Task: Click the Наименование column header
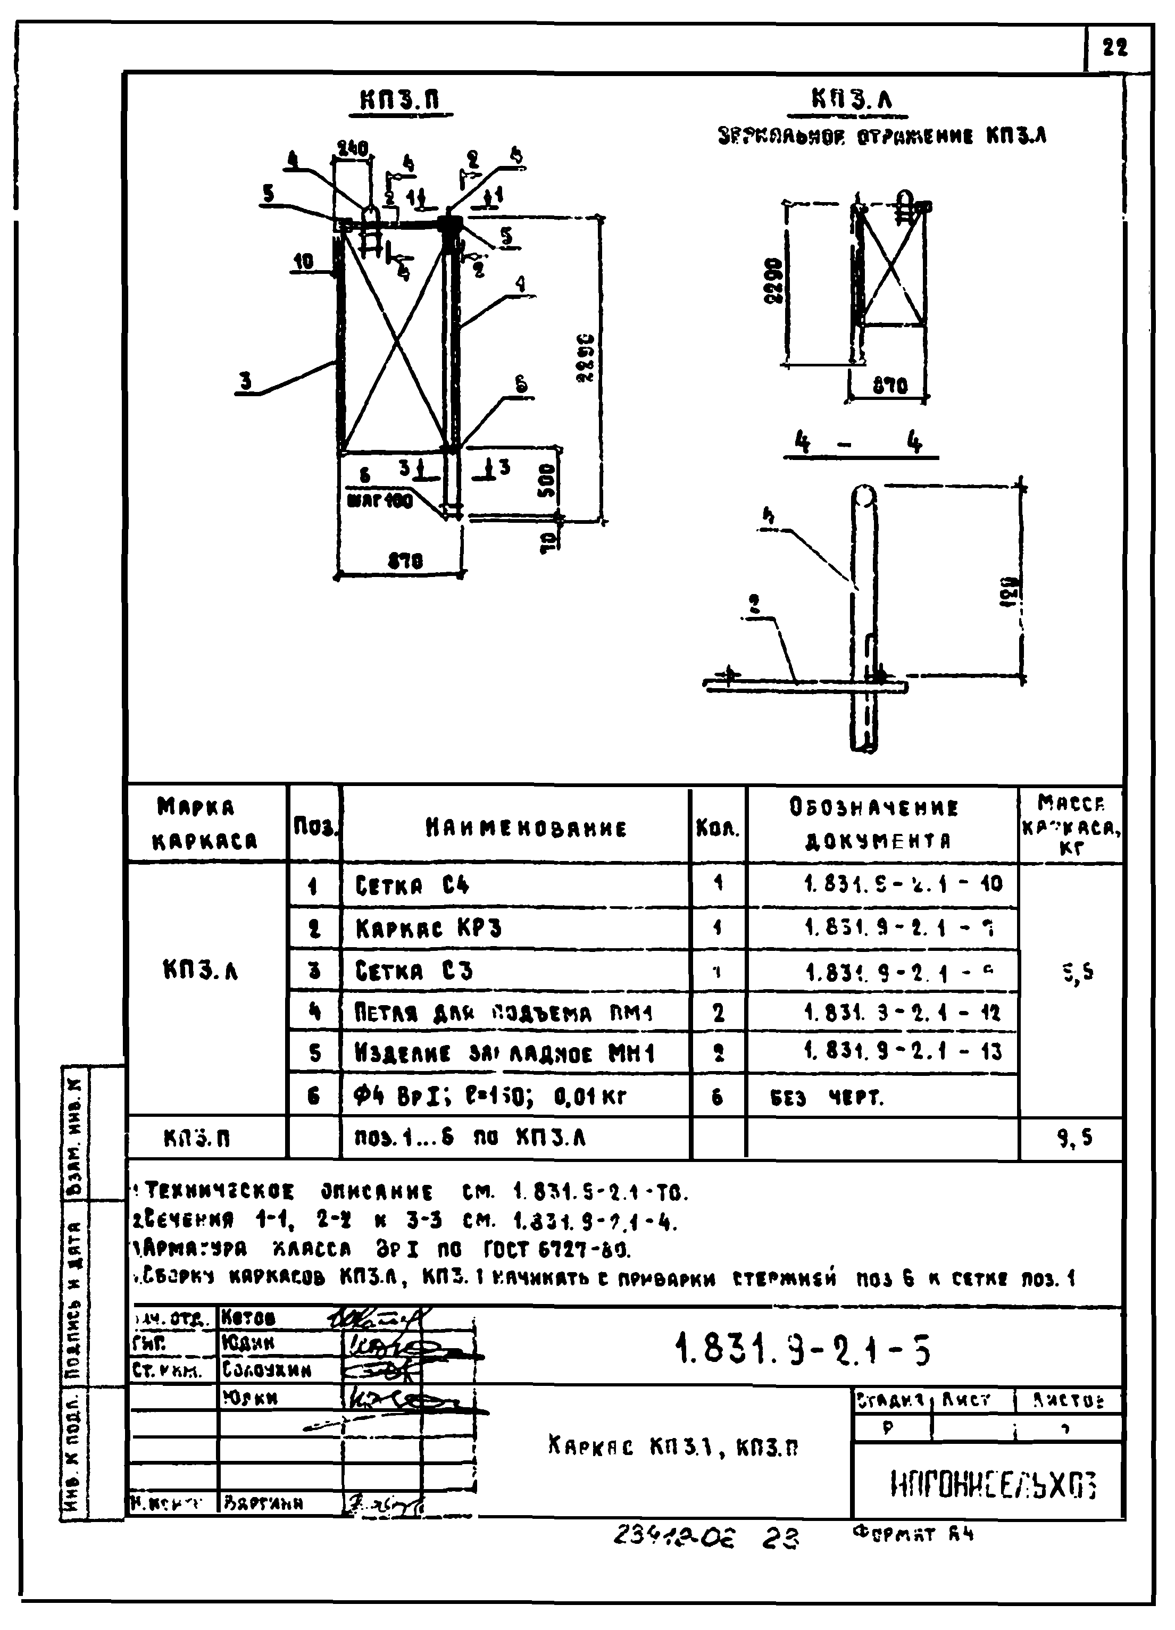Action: [526, 828]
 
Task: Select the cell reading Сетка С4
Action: [413, 885]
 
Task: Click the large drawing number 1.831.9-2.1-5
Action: [803, 1350]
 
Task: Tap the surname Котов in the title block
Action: [248, 1317]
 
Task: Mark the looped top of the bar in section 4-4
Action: [863, 495]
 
